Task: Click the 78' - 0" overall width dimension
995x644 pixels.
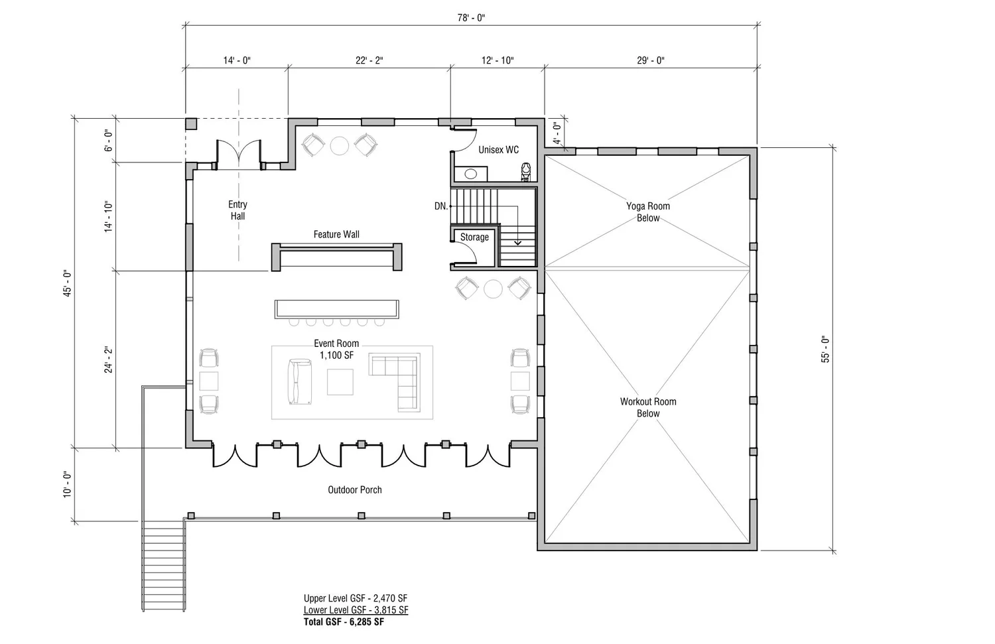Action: click(471, 18)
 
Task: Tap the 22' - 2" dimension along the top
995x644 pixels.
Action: click(369, 60)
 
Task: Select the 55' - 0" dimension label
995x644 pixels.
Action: click(825, 349)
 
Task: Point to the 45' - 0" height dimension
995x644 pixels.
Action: click(67, 283)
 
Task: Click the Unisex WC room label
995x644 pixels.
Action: click(498, 150)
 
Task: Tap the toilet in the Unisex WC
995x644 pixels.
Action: click(526, 172)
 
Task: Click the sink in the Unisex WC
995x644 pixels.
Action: click(471, 174)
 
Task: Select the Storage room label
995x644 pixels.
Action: click(474, 237)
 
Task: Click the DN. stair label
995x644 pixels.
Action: click(440, 206)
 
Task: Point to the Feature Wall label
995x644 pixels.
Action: click(336, 234)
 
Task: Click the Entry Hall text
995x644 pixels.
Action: click(237, 210)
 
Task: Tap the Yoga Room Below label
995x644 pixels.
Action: click(648, 212)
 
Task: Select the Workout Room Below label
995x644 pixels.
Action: click(648, 407)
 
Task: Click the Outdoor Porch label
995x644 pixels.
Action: click(355, 489)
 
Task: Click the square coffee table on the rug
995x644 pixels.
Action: click(340, 382)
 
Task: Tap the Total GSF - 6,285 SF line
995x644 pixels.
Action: click(344, 622)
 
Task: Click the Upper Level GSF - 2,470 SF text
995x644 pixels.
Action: click(356, 598)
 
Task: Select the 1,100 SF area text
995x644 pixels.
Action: click(337, 355)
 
